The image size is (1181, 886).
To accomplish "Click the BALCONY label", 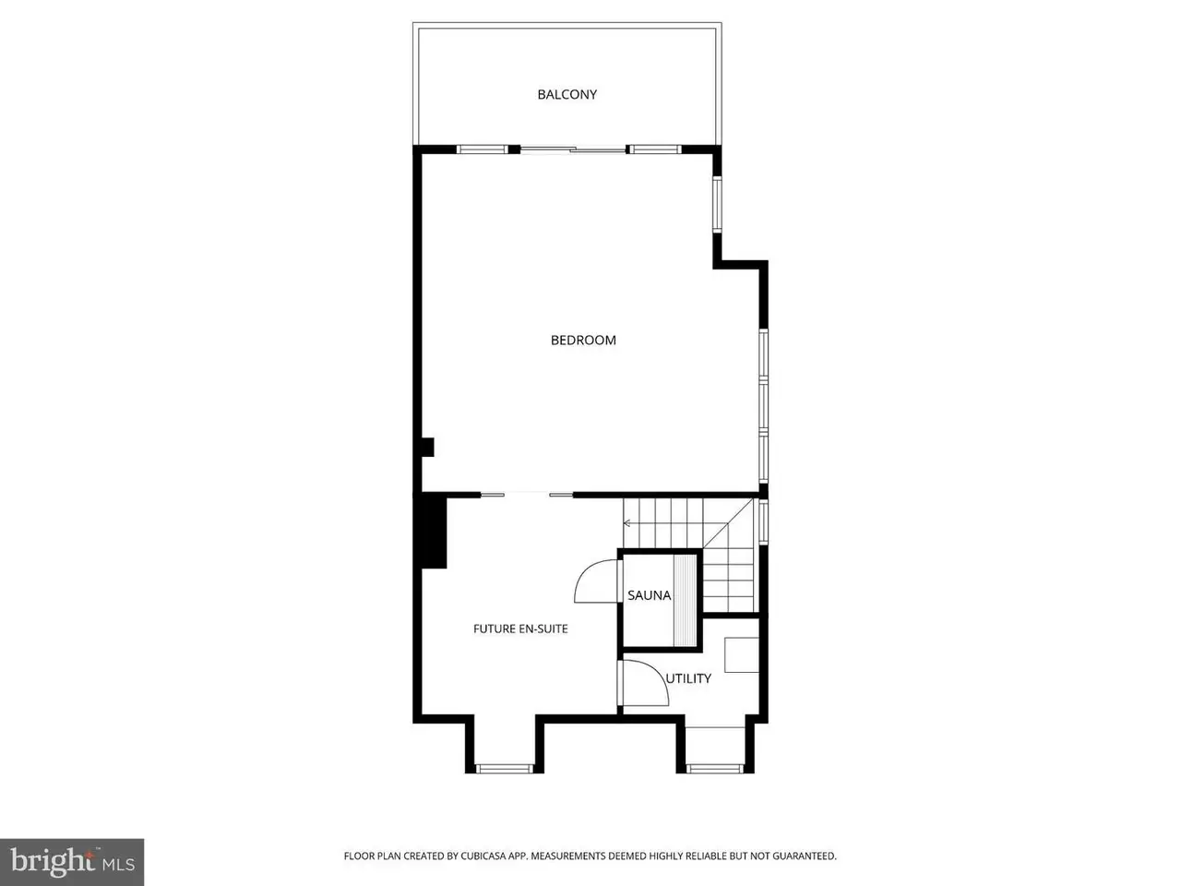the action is coord(567,95).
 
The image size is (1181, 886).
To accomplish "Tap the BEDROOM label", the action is coord(583,340).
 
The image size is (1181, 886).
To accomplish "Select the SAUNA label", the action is coord(649,595).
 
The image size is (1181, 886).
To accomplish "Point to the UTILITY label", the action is coord(688,678).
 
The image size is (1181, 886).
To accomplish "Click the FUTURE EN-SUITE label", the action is coord(520,629).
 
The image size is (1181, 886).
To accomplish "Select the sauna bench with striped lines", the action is coord(685,600).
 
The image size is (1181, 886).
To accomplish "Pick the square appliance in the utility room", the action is coord(742,654).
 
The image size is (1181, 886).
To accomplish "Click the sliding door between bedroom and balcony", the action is coord(574,150).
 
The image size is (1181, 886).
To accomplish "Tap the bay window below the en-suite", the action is coord(504,769).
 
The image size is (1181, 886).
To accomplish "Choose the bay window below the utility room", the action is coord(715,769).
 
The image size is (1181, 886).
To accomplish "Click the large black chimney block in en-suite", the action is coord(431,532).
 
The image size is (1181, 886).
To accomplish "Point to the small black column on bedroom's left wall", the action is coord(427,447).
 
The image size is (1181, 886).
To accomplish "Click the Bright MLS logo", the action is coord(72,862).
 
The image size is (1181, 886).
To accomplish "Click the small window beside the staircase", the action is coord(763,521).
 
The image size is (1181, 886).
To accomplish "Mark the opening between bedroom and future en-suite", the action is coord(527,494).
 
